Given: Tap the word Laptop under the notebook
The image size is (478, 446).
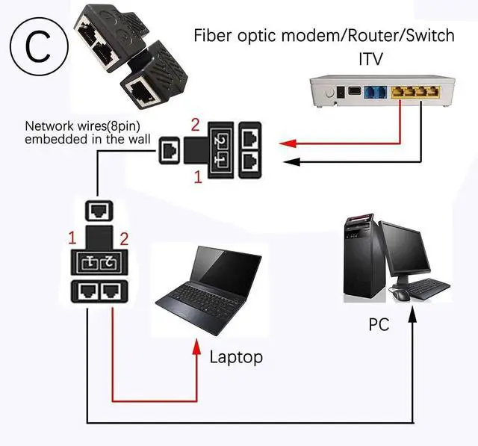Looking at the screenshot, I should tap(236, 357).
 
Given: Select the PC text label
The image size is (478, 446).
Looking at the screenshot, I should tap(379, 325).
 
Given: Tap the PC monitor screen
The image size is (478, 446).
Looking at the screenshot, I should tap(409, 247).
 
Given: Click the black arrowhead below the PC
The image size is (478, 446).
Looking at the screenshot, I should tap(413, 317).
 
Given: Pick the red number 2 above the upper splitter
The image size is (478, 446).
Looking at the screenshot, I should tap(196, 123).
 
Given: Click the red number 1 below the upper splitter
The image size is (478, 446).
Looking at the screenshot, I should tap(198, 178).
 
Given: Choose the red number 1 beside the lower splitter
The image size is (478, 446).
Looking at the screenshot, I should tap(72, 239).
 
